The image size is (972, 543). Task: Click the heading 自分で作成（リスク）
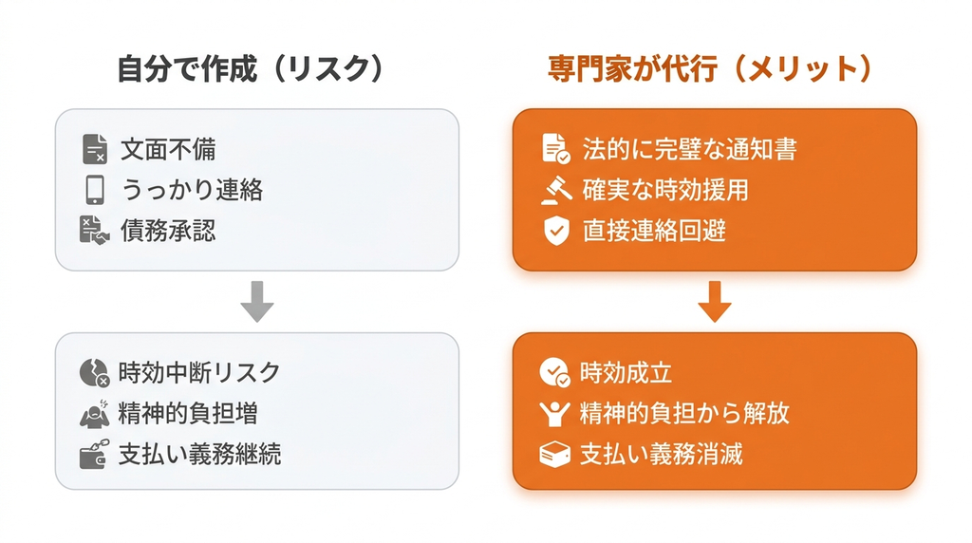[251, 68]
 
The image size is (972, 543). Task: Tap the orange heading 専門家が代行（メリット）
[710, 68]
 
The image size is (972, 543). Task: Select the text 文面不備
[168, 149]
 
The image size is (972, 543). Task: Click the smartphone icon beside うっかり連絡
[95, 190]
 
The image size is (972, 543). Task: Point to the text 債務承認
[168, 231]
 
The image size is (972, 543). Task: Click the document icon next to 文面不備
[95, 149]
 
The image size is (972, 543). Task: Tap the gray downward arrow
[257, 301]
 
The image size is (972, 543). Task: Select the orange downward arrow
[715, 301]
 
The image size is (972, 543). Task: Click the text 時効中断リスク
[199, 372]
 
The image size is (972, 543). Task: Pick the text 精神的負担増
[188, 414]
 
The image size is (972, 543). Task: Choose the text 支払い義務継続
[199, 455]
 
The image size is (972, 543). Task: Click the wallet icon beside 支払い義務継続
[94, 454]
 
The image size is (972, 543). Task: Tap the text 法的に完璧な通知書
[689, 149]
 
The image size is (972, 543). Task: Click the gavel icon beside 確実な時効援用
[556, 190]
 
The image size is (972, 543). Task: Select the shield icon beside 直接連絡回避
[556, 231]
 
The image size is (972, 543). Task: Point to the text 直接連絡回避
[654, 231]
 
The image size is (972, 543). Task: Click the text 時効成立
[626, 372]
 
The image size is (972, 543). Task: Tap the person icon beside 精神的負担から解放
[554, 414]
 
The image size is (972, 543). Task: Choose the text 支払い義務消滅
[661, 455]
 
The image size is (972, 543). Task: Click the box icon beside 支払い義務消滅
[554, 455]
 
